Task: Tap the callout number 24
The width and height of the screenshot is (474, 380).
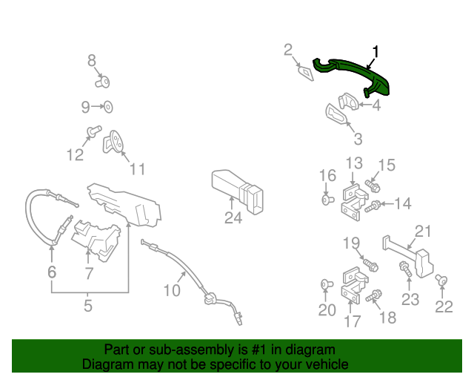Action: tap(233, 217)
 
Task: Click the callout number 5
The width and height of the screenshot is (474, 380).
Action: tap(87, 305)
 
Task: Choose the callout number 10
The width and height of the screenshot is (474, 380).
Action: tap(171, 290)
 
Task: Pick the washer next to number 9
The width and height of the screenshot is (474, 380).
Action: tap(107, 107)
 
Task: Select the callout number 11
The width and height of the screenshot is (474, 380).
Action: tap(138, 169)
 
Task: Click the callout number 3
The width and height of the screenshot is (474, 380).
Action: tap(357, 139)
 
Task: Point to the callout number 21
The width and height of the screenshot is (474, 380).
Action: tap(422, 231)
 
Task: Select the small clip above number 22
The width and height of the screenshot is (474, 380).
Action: tap(441, 279)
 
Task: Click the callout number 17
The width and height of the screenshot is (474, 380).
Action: tap(353, 321)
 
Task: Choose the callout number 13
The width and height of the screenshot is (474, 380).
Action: tap(353, 163)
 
